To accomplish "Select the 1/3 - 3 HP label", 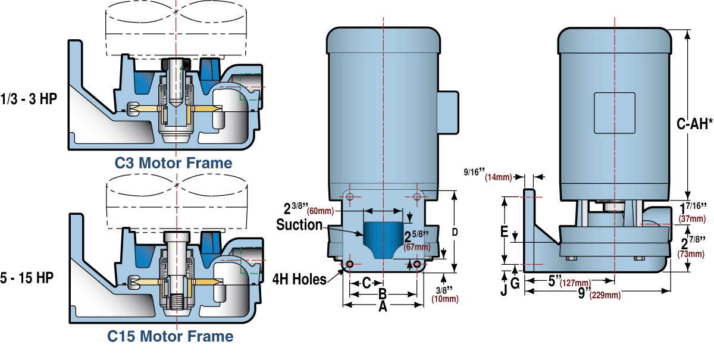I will pyautogui.click(x=29, y=99).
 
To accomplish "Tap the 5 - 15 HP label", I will pyautogui.click(x=29, y=278).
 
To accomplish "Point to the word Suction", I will pyautogui.click(x=299, y=225).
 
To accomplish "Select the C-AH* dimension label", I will pyautogui.click(x=695, y=124).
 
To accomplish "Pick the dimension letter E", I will pyautogui.click(x=504, y=231).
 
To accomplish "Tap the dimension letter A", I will pyautogui.click(x=383, y=306).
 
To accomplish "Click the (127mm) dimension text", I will pyautogui.click(x=575, y=283).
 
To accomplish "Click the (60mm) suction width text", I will pyautogui.click(x=321, y=211).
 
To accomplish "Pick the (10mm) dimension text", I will pyautogui.click(x=444, y=299).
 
